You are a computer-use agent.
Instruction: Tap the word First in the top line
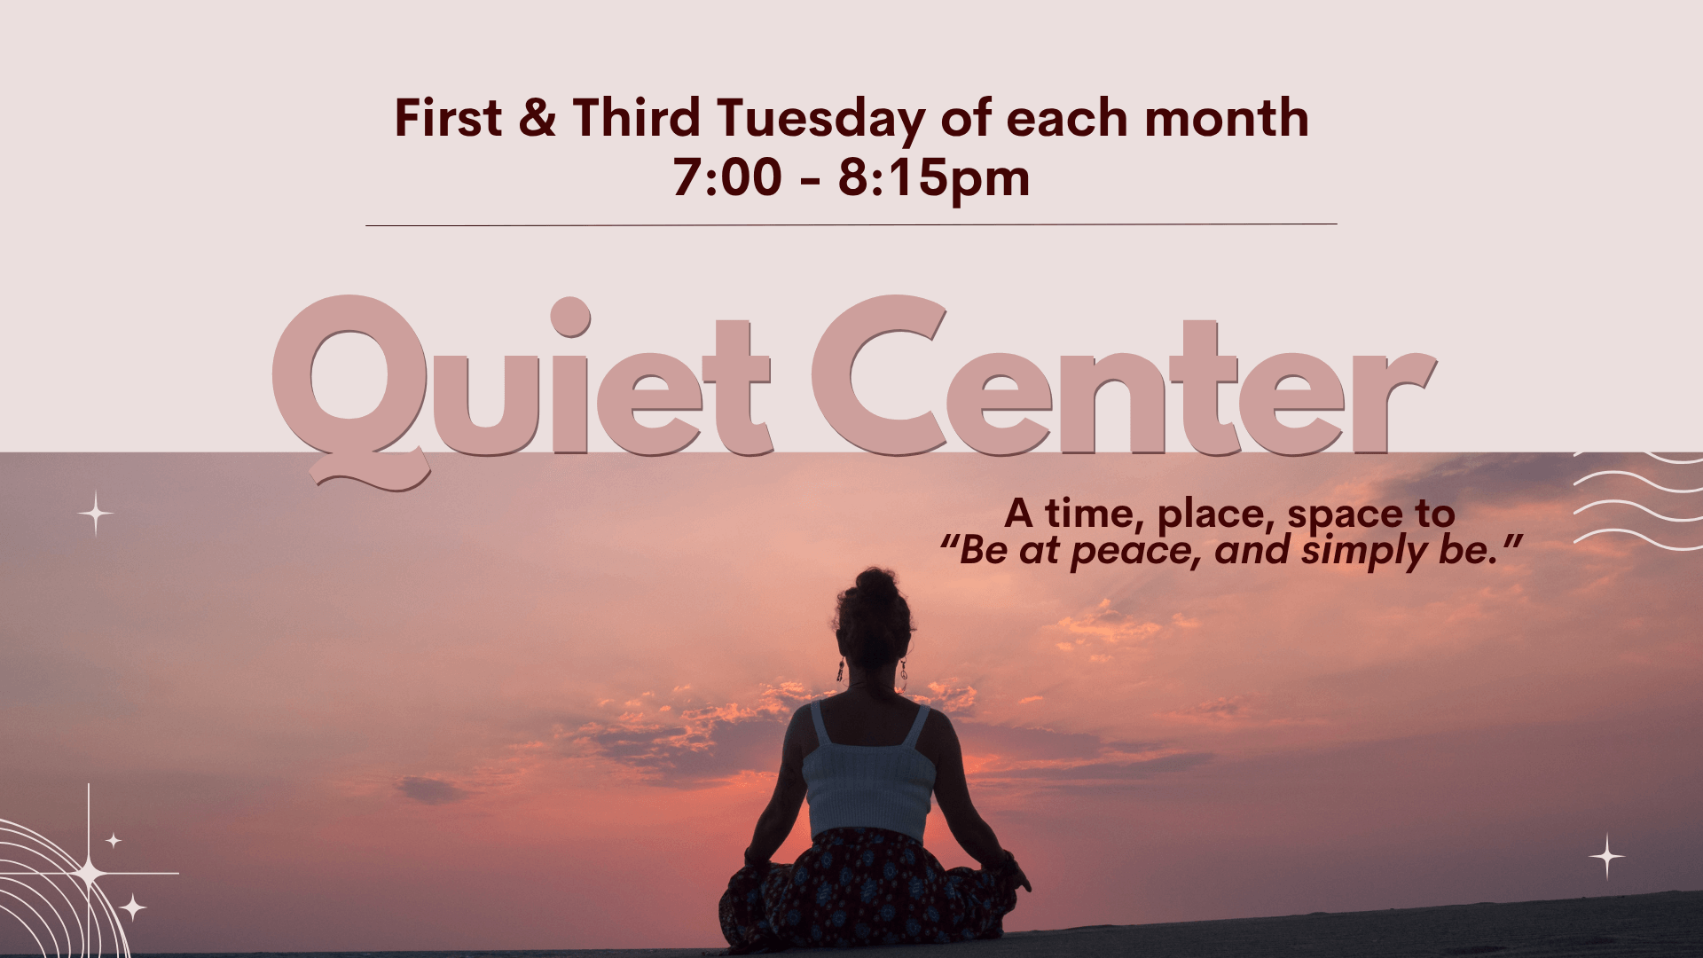point(448,118)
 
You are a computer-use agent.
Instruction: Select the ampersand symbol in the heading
point(538,118)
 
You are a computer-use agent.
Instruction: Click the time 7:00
point(727,177)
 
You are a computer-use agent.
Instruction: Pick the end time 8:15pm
point(934,181)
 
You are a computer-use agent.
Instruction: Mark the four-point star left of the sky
point(96,514)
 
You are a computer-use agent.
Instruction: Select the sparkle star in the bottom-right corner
point(1606,857)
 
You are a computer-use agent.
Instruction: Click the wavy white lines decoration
point(1637,502)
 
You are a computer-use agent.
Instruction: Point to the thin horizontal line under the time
point(851,225)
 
